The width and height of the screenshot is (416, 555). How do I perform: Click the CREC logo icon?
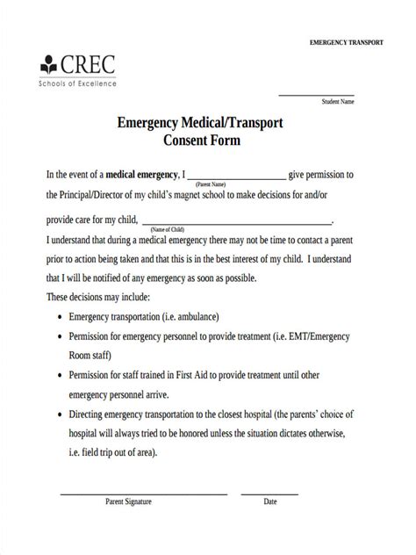point(47,65)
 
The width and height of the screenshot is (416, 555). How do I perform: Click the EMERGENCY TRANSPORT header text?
point(348,43)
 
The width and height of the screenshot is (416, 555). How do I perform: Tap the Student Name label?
point(338,102)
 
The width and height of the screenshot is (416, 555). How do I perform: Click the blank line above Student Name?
point(316,94)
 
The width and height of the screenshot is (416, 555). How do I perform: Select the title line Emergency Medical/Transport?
point(200,123)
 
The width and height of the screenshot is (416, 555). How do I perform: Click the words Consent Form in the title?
point(201,141)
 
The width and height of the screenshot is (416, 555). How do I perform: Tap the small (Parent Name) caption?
point(212,184)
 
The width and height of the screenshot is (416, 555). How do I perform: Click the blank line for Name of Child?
point(237,223)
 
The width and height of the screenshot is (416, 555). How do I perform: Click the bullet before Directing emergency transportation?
point(58,413)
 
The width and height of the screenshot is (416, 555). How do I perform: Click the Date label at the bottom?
point(270,502)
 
